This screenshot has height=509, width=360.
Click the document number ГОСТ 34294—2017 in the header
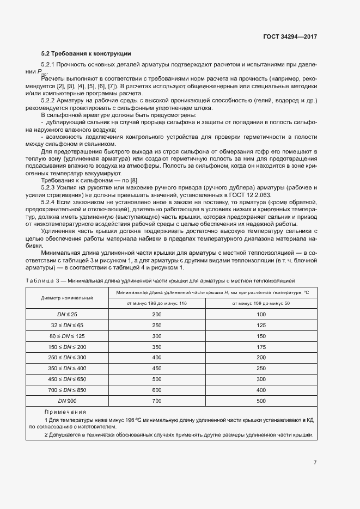pyautogui.click(x=289, y=37)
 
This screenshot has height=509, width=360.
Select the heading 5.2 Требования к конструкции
pyautogui.click(x=86, y=53)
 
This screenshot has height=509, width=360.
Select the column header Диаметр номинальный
pyautogui.click(x=67, y=298)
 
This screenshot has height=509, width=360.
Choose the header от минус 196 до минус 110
pyautogui.click(x=157, y=303)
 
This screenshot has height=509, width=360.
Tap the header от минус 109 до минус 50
pyautogui.click(x=261, y=303)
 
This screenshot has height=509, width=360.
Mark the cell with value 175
pyautogui.click(x=261, y=346)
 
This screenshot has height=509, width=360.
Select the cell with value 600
pyautogui.click(x=157, y=390)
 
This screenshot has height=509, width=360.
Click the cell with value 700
pyautogui.click(x=157, y=401)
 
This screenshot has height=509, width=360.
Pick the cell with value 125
pyautogui.click(x=261, y=325)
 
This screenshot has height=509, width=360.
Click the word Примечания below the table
pyautogui.click(x=65, y=412)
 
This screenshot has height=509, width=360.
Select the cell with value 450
pyautogui.click(x=157, y=368)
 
